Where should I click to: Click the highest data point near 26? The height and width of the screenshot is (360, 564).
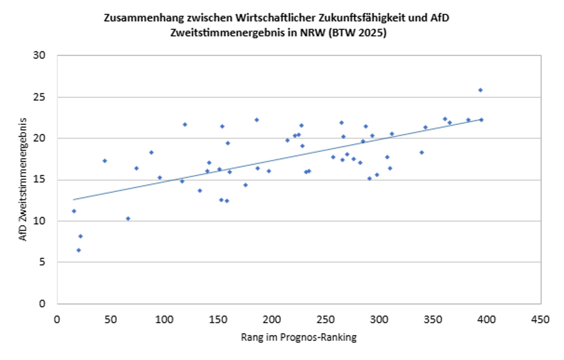(480, 90)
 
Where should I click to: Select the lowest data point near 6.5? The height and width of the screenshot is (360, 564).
(78, 250)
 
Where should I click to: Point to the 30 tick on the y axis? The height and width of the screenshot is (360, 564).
(40, 56)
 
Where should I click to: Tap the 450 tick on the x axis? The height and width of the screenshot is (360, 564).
(540, 319)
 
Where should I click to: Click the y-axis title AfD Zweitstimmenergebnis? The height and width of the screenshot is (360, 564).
(23, 179)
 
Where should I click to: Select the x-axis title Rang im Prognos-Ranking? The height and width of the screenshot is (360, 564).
(298, 338)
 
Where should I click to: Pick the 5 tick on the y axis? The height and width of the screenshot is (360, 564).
(43, 263)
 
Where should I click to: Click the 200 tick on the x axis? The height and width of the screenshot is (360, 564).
(271, 319)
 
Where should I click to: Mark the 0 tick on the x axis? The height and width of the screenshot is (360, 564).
(57, 319)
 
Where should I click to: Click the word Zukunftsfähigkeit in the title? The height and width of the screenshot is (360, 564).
(378, 18)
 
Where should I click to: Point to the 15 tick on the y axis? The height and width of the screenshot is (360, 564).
(40, 180)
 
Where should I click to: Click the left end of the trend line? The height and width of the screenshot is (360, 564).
(73, 200)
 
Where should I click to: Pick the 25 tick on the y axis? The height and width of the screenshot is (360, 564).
(40, 97)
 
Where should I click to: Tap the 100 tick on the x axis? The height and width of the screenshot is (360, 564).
(164, 319)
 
